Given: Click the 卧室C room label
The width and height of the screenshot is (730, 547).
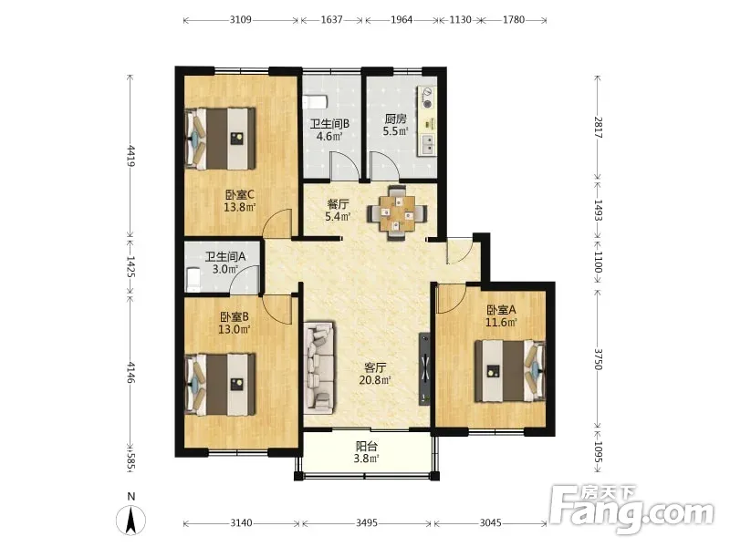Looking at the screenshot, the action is coord(239,194).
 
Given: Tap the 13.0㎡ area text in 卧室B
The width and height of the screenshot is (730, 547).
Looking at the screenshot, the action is coord(235,329).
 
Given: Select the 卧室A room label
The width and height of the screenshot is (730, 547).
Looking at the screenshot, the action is coord(501,310).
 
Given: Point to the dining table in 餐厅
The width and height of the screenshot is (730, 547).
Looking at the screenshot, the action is coord(396,213).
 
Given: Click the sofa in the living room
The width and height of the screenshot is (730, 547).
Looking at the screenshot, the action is coord(319,367).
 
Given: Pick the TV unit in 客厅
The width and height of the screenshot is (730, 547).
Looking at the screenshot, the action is coord(424,368).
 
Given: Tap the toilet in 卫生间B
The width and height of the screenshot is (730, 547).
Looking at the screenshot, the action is coord(315,101).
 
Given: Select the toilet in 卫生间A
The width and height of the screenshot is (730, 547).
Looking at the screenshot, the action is coord(192,279).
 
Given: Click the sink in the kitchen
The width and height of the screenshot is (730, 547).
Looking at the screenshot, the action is coord(427,144).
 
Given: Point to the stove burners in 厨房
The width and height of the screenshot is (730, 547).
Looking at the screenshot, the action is coord(427,98).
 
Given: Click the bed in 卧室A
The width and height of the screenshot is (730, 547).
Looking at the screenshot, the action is coord(509,371).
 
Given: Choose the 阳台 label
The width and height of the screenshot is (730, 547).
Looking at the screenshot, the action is coord(367,446).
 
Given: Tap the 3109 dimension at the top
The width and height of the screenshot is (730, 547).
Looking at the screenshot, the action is coord(241,20).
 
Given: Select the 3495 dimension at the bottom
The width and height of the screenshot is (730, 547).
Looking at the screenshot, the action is coord(367,522).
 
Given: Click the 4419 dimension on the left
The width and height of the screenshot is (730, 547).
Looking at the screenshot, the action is coord(131,156).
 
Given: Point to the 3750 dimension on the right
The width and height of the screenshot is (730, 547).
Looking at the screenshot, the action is coord(599,359).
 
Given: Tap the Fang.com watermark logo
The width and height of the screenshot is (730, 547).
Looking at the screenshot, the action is coord(631,510).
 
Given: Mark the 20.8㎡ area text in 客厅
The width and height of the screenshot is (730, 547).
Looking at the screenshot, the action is coord(375,380).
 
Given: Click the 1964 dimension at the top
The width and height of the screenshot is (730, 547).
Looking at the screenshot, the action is coord(401,20).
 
